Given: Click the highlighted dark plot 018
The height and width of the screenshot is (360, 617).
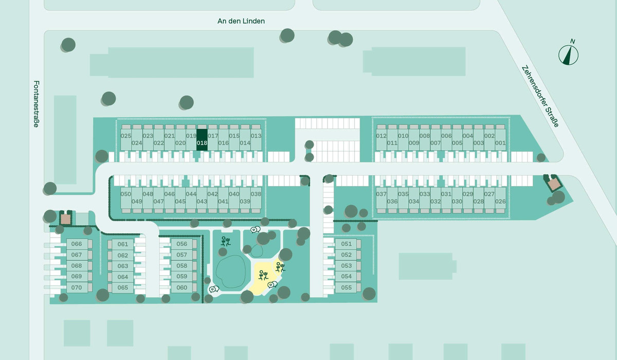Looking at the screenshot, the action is pos(202,140).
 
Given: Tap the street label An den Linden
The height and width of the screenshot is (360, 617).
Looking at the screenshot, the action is pos(241,21).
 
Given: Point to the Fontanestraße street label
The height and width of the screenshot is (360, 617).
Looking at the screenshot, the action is pos(37,104).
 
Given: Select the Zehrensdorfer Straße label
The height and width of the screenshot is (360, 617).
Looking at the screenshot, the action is pos(540,96).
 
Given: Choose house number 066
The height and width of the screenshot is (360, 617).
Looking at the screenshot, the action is pos(77,244).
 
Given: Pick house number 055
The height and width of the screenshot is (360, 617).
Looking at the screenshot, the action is pos(346,287).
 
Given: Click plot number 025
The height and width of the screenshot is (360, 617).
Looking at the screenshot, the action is pos(126,136).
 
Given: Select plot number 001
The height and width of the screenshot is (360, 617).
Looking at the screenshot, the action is pos(500,143).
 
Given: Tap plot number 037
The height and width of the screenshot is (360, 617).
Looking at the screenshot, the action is pos(381,194).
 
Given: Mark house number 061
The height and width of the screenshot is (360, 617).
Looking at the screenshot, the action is pos(122,244).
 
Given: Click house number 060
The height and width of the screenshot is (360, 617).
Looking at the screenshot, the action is pos(182,287).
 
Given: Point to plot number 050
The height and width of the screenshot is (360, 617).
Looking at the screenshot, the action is pos(125,194).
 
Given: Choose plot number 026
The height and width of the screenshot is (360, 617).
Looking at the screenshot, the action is pos(500,202).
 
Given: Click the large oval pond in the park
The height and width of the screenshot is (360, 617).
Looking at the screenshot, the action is pos(231,272).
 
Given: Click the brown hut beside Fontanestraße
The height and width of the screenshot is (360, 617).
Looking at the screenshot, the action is pos(66,219).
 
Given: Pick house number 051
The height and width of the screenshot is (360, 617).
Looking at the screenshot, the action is pos(346,244).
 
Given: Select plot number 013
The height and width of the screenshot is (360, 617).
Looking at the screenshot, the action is pos(256,136).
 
